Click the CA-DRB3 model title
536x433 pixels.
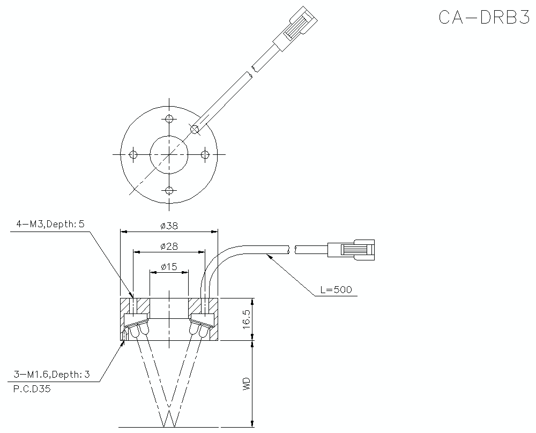click(x=483, y=17)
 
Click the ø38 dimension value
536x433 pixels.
click(x=169, y=226)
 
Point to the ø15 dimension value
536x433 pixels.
click(x=169, y=267)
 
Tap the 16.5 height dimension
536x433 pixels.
click(x=247, y=319)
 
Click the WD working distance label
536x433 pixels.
click(x=247, y=384)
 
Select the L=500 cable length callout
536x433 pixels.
click(x=336, y=290)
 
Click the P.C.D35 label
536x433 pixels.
click(x=32, y=390)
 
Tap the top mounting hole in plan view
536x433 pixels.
click(x=169, y=118)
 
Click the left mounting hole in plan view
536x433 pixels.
click(x=133, y=154)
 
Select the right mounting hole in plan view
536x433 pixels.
click(x=205, y=154)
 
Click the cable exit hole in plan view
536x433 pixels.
click(x=195, y=129)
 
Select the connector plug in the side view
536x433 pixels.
click(x=352, y=250)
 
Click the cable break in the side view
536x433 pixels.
click(x=292, y=249)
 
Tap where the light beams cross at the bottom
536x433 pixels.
click(x=169, y=415)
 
